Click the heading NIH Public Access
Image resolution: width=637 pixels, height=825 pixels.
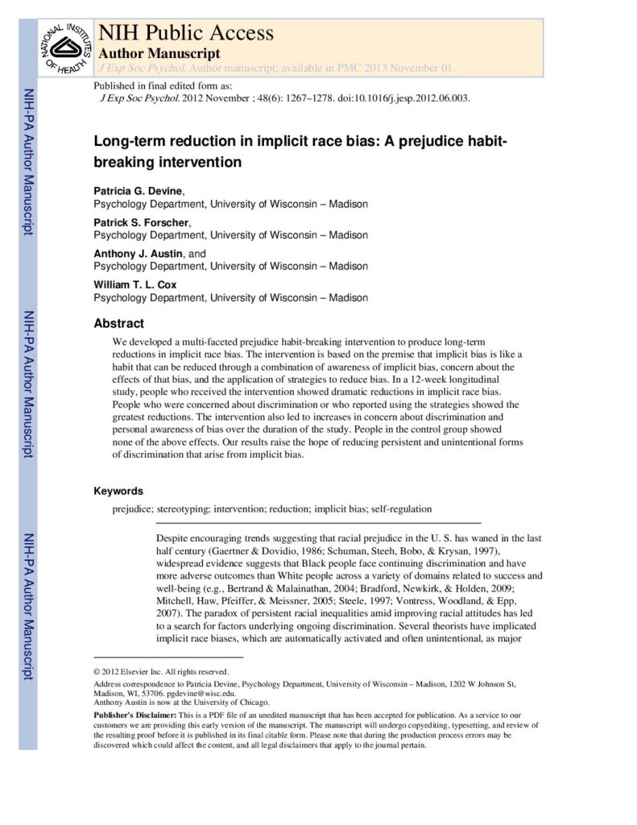(x=185, y=33)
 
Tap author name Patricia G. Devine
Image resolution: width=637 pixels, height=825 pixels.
(x=139, y=191)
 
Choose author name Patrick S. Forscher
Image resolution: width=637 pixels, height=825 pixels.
(x=141, y=222)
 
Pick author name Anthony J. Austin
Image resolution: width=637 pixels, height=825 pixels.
(x=139, y=253)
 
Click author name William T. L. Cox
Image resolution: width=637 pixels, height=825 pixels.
(x=136, y=284)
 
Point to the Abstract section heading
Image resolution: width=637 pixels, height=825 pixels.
(x=118, y=323)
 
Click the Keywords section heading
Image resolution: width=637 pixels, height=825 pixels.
(x=118, y=491)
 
